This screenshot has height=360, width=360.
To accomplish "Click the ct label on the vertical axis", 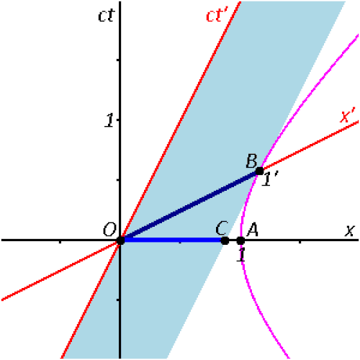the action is pos(107,15).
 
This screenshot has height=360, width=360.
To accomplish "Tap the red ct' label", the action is pos(217,15).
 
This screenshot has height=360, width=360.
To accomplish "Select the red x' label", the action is pos(347,116).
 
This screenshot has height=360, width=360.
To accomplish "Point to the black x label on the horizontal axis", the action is pos(350,230).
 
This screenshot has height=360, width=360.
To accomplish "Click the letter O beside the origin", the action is pos(109,230).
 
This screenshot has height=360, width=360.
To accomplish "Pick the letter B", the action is pos(251,161).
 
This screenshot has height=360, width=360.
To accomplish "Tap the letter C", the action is pos(221,228).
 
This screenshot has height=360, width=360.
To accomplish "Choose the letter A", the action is pos(253,230).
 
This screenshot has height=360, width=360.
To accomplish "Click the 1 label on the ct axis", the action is pos(109,120).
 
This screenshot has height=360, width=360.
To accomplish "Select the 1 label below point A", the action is pos(241,255).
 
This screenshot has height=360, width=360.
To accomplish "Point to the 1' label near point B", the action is pos(270,179).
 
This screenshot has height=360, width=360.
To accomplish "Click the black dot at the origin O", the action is pos(120,240).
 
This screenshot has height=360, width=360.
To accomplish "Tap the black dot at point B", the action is pos(259,171).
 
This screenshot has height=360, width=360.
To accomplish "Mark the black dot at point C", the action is pos(225,240).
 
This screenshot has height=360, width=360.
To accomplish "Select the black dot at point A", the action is pos(240,240).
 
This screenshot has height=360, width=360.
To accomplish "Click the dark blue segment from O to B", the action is pos(190,206).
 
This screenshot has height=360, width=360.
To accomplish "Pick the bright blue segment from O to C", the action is pos(173,240).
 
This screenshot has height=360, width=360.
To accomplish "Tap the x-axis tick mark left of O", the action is pos(60,242).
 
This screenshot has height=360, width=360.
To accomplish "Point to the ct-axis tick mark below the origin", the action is pos(118,300).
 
